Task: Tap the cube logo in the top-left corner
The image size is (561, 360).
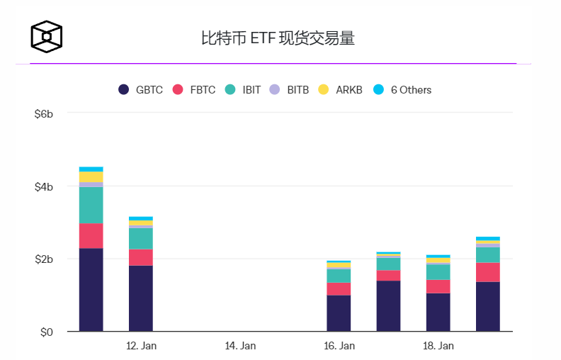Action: tap(46, 36)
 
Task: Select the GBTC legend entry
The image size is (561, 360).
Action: tap(140, 90)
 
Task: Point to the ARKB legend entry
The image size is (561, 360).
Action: tap(341, 90)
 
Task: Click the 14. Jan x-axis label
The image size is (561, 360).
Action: tap(240, 346)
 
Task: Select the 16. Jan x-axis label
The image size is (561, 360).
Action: tap(339, 346)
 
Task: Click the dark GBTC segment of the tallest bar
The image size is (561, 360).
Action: tap(91, 289)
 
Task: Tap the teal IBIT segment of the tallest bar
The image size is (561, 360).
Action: tap(91, 205)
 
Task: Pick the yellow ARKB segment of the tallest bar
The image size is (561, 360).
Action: tap(91, 176)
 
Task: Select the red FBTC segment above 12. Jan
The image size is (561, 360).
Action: tap(140, 257)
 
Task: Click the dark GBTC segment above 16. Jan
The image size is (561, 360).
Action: tap(339, 313)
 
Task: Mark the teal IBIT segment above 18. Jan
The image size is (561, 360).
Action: tap(438, 272)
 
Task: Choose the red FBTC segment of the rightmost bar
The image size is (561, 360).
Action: tap(487, 272)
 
